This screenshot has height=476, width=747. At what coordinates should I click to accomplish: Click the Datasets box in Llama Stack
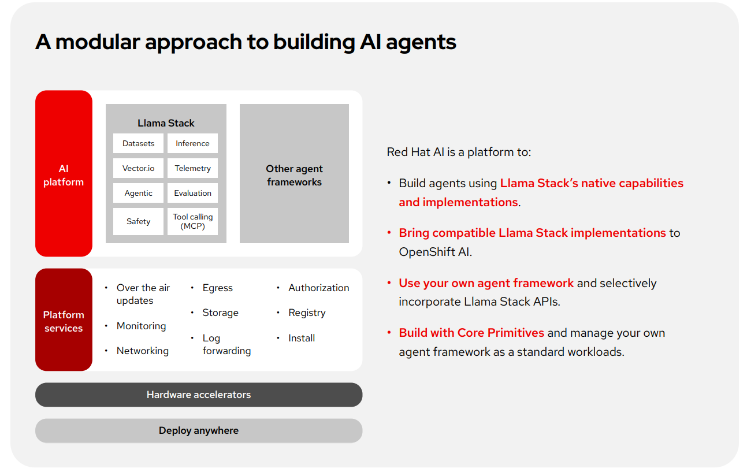pyautogui.click(x=138, y=143)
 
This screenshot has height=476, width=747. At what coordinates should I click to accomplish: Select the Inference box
pyautogui.click(x=192, y=143)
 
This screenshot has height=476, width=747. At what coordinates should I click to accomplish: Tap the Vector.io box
pyautogui.click(x=138, y=168)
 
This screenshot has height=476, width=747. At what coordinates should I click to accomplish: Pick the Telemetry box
pyautogui.click(x=192, y=168)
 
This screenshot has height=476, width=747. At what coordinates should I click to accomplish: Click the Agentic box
pyautogui.click(x=138, y=193)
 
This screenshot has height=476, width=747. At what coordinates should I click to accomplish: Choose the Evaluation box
pyautogui.click(x=192, y=193)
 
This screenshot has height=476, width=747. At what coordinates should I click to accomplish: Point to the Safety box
pyautogui.click(x=138, y=221)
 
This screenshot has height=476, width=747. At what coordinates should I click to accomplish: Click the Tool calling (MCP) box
pyautogui.click(x=192, y=221)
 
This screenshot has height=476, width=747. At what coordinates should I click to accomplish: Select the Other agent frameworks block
pyautogui.click(x=294, y=174)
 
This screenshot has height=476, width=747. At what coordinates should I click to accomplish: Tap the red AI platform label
pyautogui.click(x=64, y=174)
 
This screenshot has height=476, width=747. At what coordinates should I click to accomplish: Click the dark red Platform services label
pyautogui.click(x=64, y=321)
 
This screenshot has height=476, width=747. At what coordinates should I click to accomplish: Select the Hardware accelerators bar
pyautogui.click(x=198, y=395)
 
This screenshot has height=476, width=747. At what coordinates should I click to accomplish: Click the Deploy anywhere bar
pyautogui.click(x=198, y=430)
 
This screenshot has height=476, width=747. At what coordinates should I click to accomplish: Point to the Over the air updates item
pyautogui.click(x=143, y=294)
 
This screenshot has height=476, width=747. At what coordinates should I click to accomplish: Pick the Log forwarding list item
pyautogui.click(x=226, y=344)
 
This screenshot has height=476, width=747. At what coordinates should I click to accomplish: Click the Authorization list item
pyautogui.click(x=318, y=288)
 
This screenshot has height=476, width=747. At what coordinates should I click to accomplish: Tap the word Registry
pyautogui.click(x=307, y=313)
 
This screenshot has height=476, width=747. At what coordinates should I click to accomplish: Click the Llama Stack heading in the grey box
pyautogui.click(x=166, y=123)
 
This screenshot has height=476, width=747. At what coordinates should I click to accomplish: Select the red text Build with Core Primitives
pyautogui.click(x=471, y=333)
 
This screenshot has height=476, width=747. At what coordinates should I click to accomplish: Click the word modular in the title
pyautogui.click(x=97, y=42)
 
